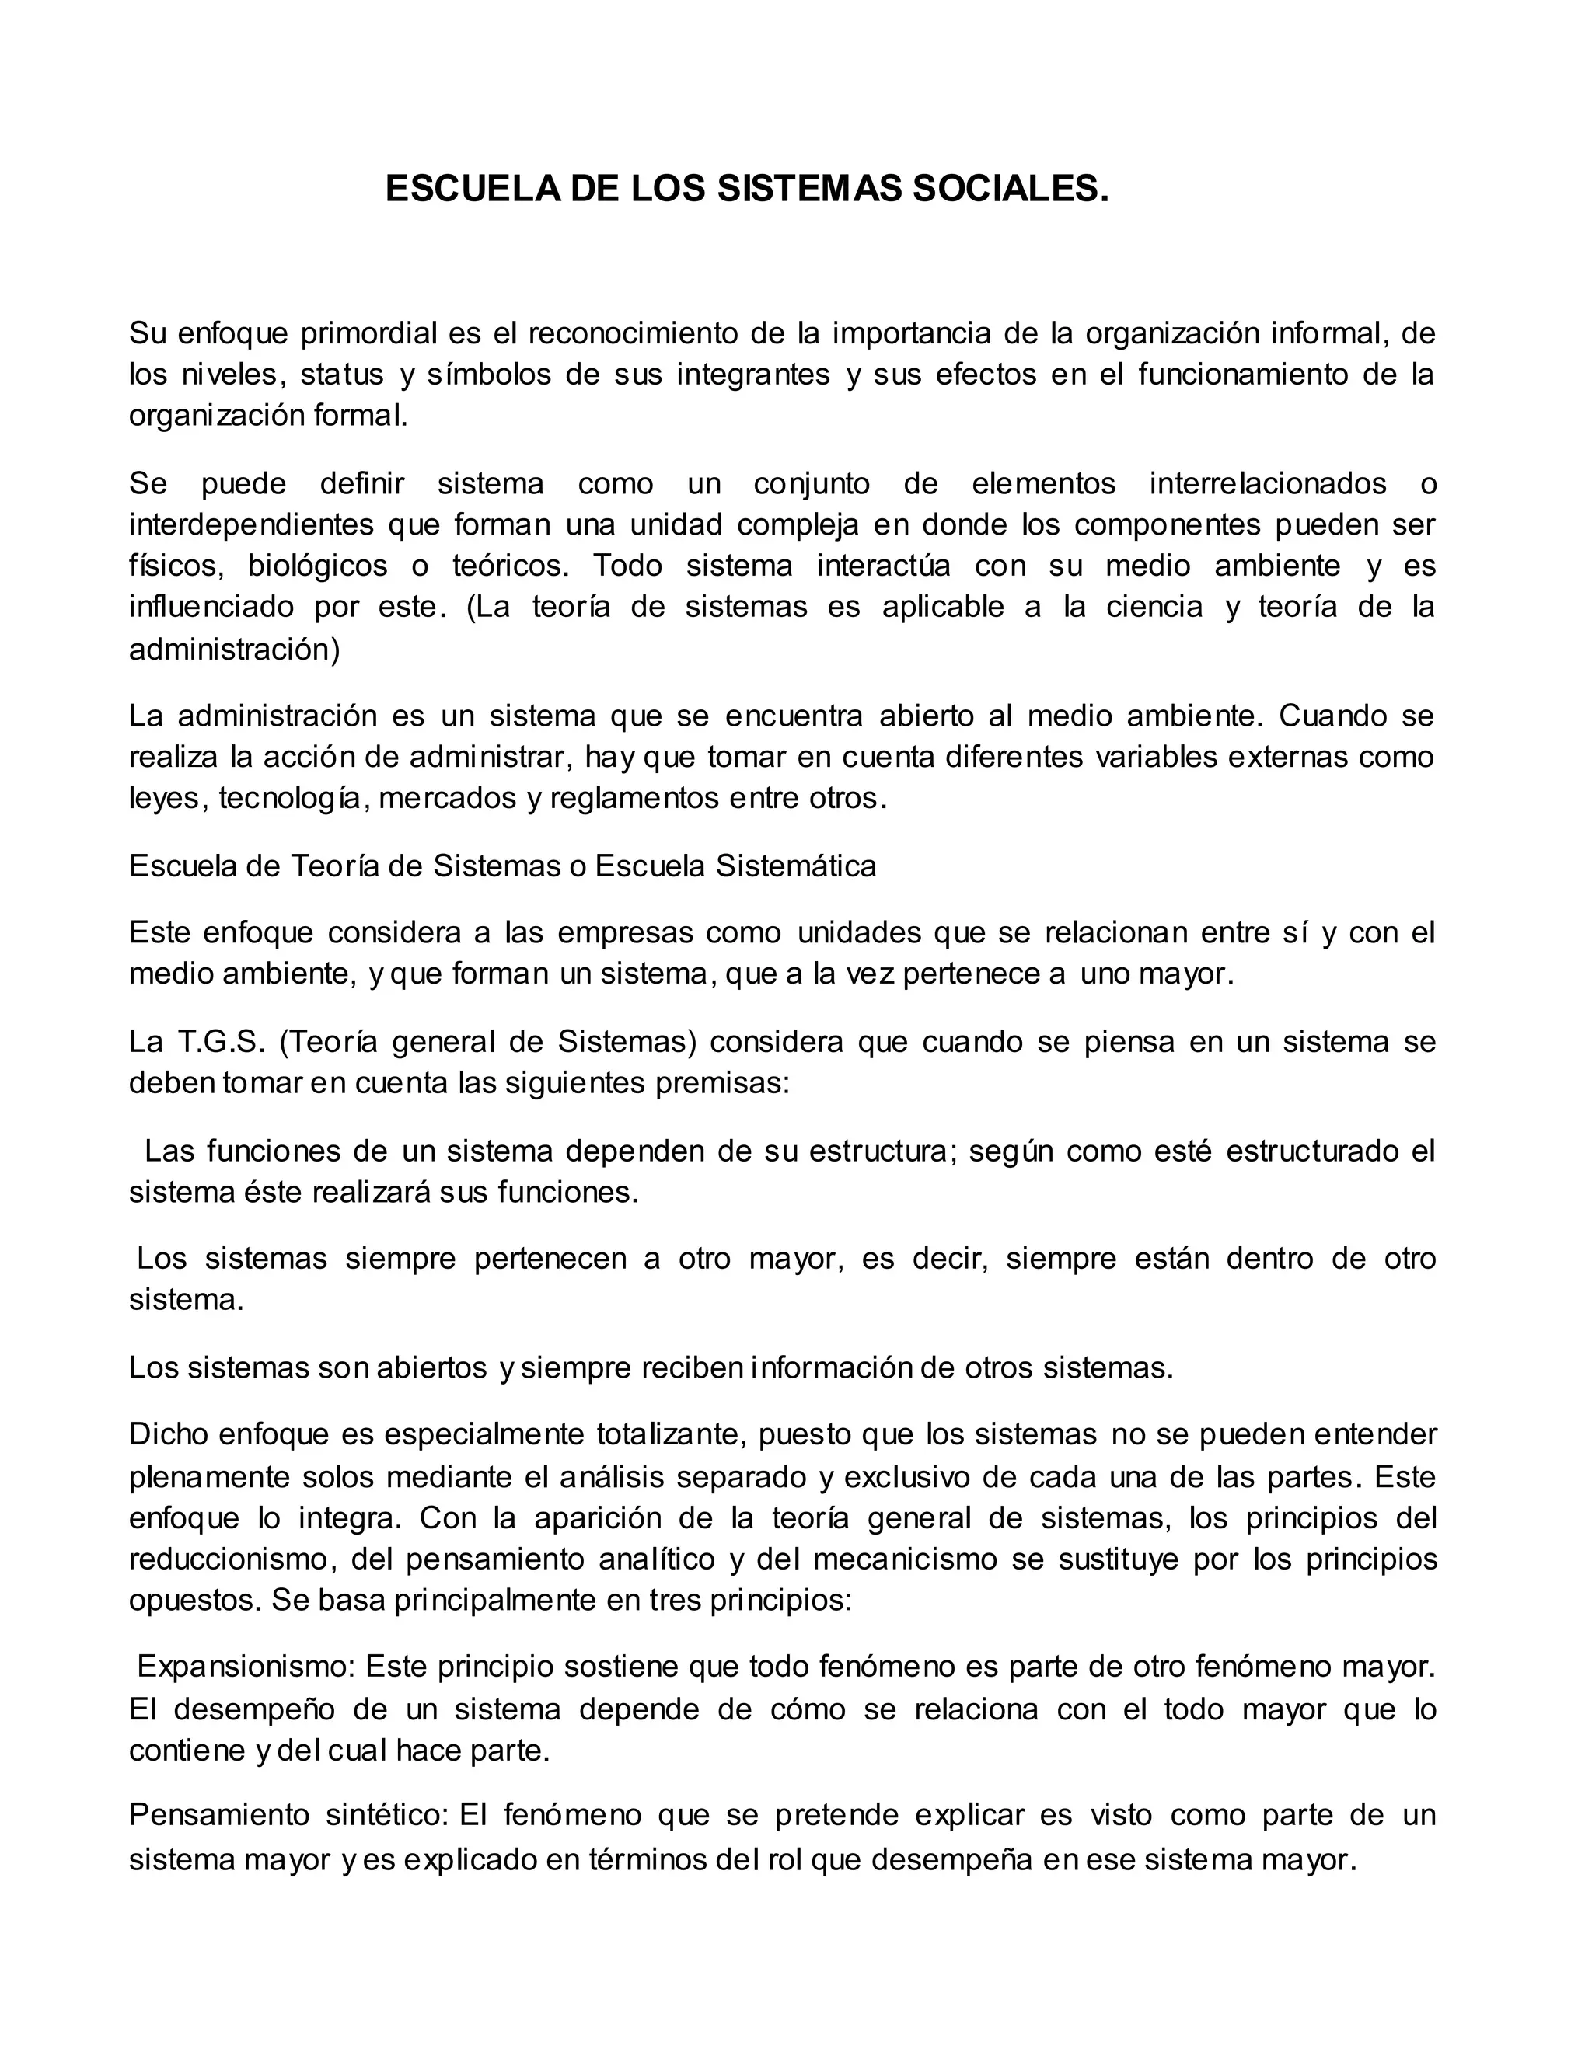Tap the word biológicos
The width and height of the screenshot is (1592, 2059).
(x=318, y=566)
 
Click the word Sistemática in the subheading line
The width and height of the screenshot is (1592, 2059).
(x=795, y=866)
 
